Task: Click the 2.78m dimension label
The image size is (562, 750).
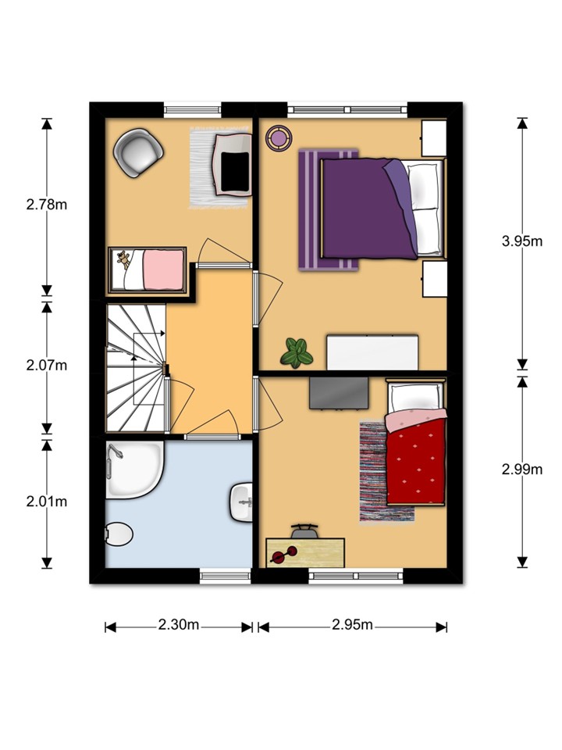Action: [x=46, y=205]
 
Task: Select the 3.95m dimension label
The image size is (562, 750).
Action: [x=522, y=241]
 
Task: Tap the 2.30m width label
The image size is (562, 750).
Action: [x=178, y=625]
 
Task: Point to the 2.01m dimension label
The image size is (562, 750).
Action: [x=46, y=502]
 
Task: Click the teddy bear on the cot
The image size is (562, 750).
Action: [x=124, y=260]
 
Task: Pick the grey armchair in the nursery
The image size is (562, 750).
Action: [x=138, y=152]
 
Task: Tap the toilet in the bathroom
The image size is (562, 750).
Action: [x=119, y=534]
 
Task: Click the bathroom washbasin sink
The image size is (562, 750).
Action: [x=241, y=502]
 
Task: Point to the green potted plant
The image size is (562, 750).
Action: [x=297, y=353]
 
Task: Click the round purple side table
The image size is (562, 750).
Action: [x=278, y=138]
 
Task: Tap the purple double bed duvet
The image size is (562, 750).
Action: [x=367, y=208]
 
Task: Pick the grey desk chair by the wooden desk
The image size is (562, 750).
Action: [x=304, y=530]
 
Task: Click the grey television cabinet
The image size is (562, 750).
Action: [x=339, y=393]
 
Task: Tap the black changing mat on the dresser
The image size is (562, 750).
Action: [x=235, y=172]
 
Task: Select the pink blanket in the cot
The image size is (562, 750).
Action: [x=164, y=270]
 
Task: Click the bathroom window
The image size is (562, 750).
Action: [x=225, y=576]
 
